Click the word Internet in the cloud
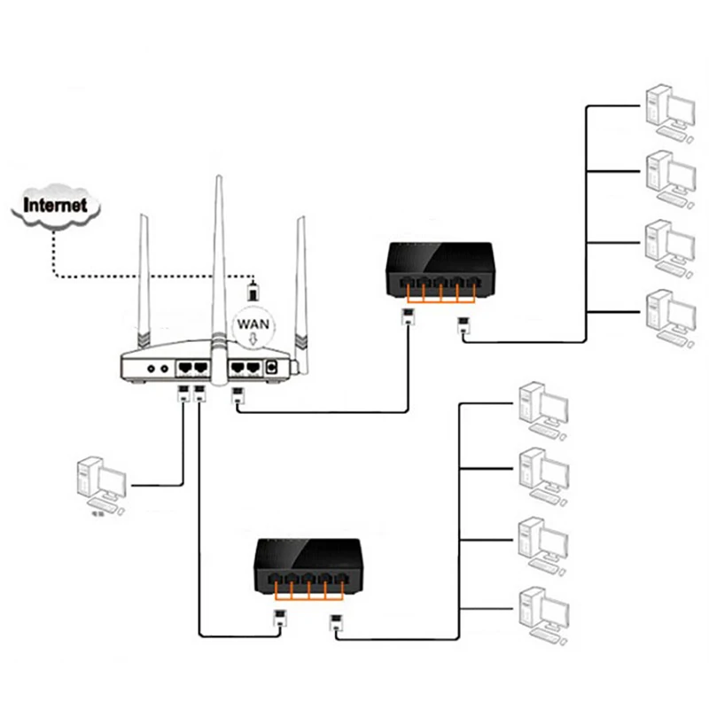pos(55,205)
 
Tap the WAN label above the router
pos(253,324)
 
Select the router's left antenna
pos(144,284)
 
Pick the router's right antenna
pos(300,284)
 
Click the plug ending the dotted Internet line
pos(253,290)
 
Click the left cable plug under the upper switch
pos(408,318)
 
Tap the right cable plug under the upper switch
pos(463,325)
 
